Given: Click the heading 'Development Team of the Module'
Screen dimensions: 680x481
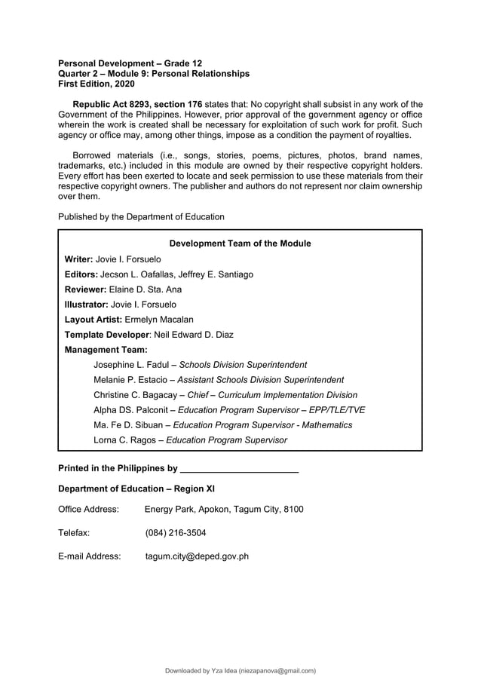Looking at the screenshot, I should tap(240, 244).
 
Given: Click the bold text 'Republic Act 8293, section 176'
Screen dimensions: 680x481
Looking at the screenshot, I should tap(137, 104).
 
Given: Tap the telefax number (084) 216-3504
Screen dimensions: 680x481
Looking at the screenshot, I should tap(175, 533).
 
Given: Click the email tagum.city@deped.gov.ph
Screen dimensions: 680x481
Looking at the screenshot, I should tap(197, 557).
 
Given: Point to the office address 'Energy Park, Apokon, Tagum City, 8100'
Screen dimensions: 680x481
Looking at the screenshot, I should tap(224, 510).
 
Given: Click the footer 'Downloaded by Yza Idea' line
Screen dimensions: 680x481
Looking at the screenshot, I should tap(240, 670).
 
